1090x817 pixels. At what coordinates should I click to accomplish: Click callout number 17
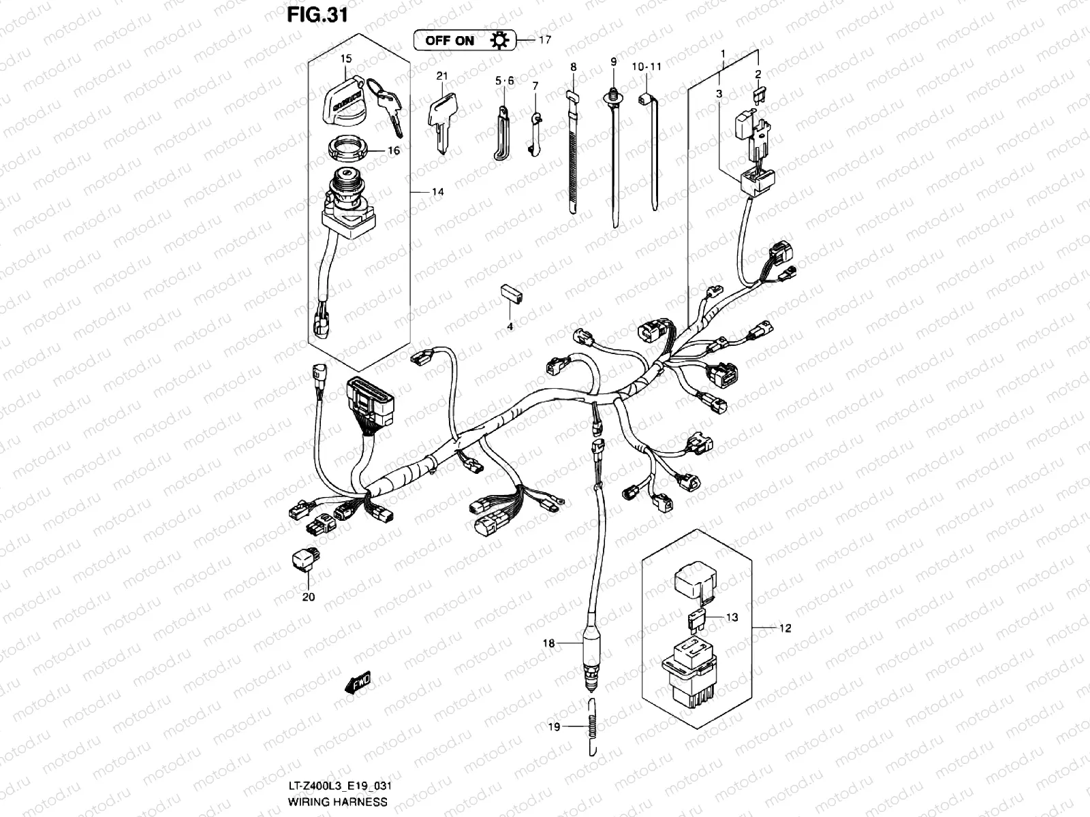(544, 40)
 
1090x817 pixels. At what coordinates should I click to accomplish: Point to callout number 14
(437, 192)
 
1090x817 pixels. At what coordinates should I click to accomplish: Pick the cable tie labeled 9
(615, 157)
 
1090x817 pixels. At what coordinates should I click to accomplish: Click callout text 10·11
(647, 67)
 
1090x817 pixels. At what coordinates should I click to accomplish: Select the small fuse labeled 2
(758, 95)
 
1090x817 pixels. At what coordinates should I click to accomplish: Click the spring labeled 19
(592, 726)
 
